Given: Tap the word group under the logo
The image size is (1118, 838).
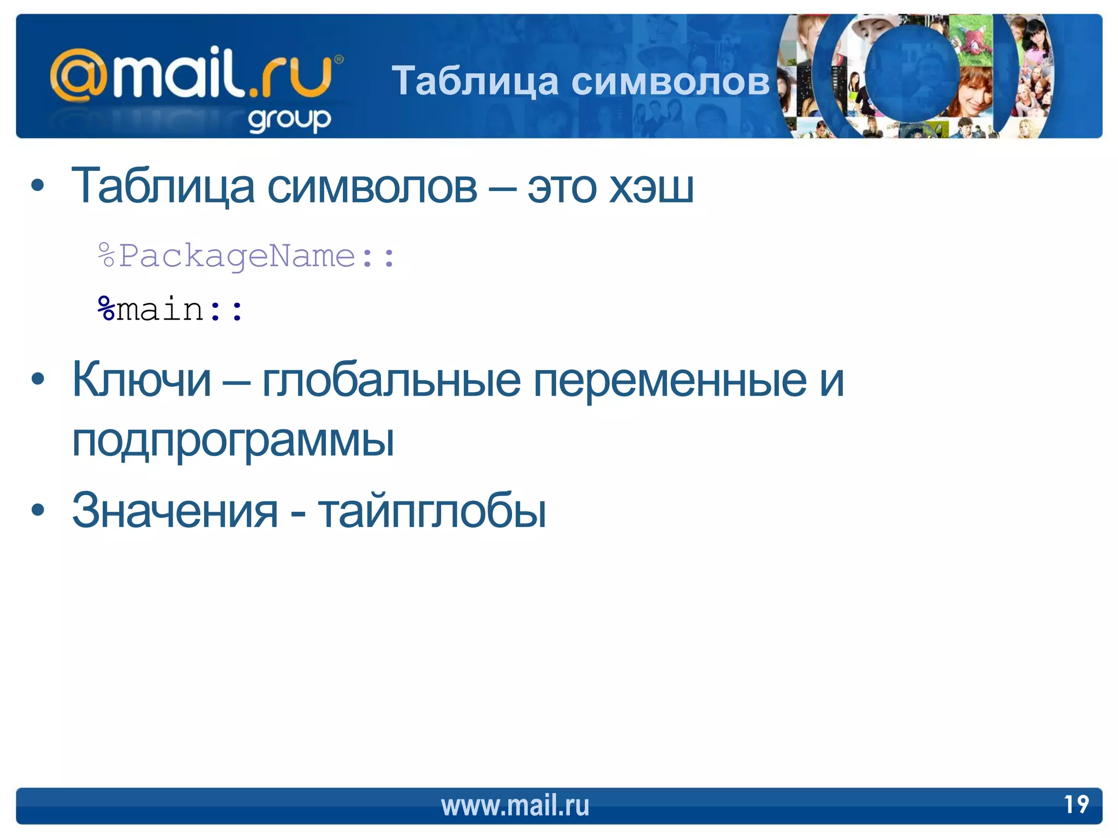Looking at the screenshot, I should coord(289,119).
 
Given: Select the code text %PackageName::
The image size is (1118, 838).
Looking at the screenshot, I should coord(246,256).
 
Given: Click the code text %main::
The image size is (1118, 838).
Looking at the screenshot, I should coord(170,310).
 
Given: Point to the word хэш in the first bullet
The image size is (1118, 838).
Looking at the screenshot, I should coord(651,187).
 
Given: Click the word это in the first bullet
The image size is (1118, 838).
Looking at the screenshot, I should coord(562,188).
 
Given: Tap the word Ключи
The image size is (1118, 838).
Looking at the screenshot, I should coord(141,380).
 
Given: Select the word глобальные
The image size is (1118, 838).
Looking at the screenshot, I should coord(391,380).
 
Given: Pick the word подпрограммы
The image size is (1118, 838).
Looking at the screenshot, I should coord(233,441).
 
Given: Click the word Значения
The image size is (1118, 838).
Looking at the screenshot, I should coord(175,511).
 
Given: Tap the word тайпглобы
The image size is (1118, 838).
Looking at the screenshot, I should coord(432,511).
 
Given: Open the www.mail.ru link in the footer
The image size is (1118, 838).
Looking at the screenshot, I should coord(515,806).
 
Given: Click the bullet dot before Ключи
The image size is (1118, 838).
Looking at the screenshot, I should coord(38,379).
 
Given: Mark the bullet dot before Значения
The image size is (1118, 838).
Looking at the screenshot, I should coord(38,510).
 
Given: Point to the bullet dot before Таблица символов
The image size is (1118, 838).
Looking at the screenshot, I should coord(38,186).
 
